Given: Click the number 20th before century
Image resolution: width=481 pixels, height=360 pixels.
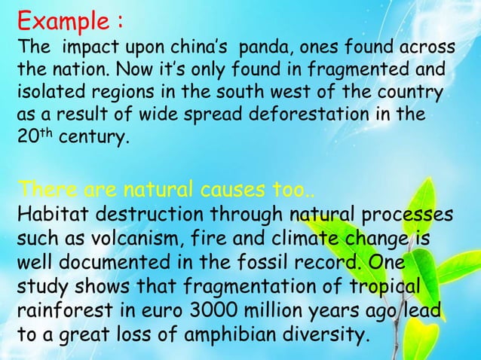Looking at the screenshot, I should coord(30,139).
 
